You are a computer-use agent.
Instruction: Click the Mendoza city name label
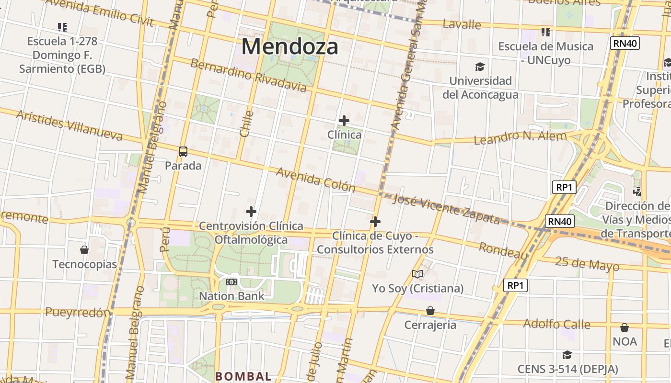tap(290, 46)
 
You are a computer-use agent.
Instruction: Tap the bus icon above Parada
tap(183, 152)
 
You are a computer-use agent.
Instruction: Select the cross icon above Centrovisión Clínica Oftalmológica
tap(251, 211)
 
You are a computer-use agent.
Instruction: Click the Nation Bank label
tap(231, 296)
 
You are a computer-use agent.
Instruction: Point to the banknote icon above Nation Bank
tap(231, 282)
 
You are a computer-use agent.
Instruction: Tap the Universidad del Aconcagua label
tap(480, 88)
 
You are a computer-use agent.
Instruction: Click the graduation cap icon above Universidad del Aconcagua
tap(480, 67)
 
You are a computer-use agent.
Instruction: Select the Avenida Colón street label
tap(315, 180)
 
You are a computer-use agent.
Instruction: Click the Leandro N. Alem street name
tap(520, 137)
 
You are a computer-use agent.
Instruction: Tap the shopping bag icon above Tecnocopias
tap(84, 249)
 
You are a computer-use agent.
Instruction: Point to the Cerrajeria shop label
tap(430, 325)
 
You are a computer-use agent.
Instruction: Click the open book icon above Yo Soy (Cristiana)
tap(417, 274)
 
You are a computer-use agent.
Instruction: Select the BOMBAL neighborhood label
tap(243, 376)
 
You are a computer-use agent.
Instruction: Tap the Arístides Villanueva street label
tap(69, 125)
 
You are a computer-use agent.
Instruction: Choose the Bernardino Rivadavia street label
tap(248, 75)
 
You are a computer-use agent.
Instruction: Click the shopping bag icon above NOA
tap(625, 327)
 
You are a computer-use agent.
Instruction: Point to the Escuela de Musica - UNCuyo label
tap(546, 53)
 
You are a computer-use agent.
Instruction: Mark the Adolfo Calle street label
tap(556, 324)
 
